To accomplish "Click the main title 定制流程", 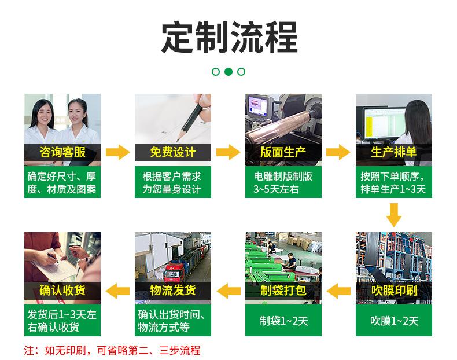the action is click(x=230, y=37).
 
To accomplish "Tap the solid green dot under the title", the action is click(x=228, y=72).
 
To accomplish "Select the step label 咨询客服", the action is click(x=62, y=152).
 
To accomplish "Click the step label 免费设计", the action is click(x=173, y=152).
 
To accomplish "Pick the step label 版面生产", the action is click(x=283, y=152).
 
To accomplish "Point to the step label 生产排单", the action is click(x=394, y=152).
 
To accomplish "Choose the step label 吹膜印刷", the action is click(x=394, y=291).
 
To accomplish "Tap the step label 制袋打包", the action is click(x=283, y=291).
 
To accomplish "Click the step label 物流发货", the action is click(x=173, y=291).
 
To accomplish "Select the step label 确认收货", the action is click(x=62, y=291).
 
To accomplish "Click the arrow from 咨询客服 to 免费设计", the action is click(x=117, y=152).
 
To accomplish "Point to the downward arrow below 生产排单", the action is click(x=394, y=215).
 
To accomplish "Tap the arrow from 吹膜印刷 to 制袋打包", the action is click(x=338, y=291).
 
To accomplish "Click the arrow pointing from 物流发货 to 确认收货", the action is click(x=117, y=291).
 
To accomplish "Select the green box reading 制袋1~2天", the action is click(x=283, y=321).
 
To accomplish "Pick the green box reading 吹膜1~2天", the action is click(x=394, y=321).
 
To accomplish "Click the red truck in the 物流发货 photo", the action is click(x=174, y=271).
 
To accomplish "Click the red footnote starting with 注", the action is click(x=112, y=350).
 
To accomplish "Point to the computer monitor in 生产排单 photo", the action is click(x=384, y=123).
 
